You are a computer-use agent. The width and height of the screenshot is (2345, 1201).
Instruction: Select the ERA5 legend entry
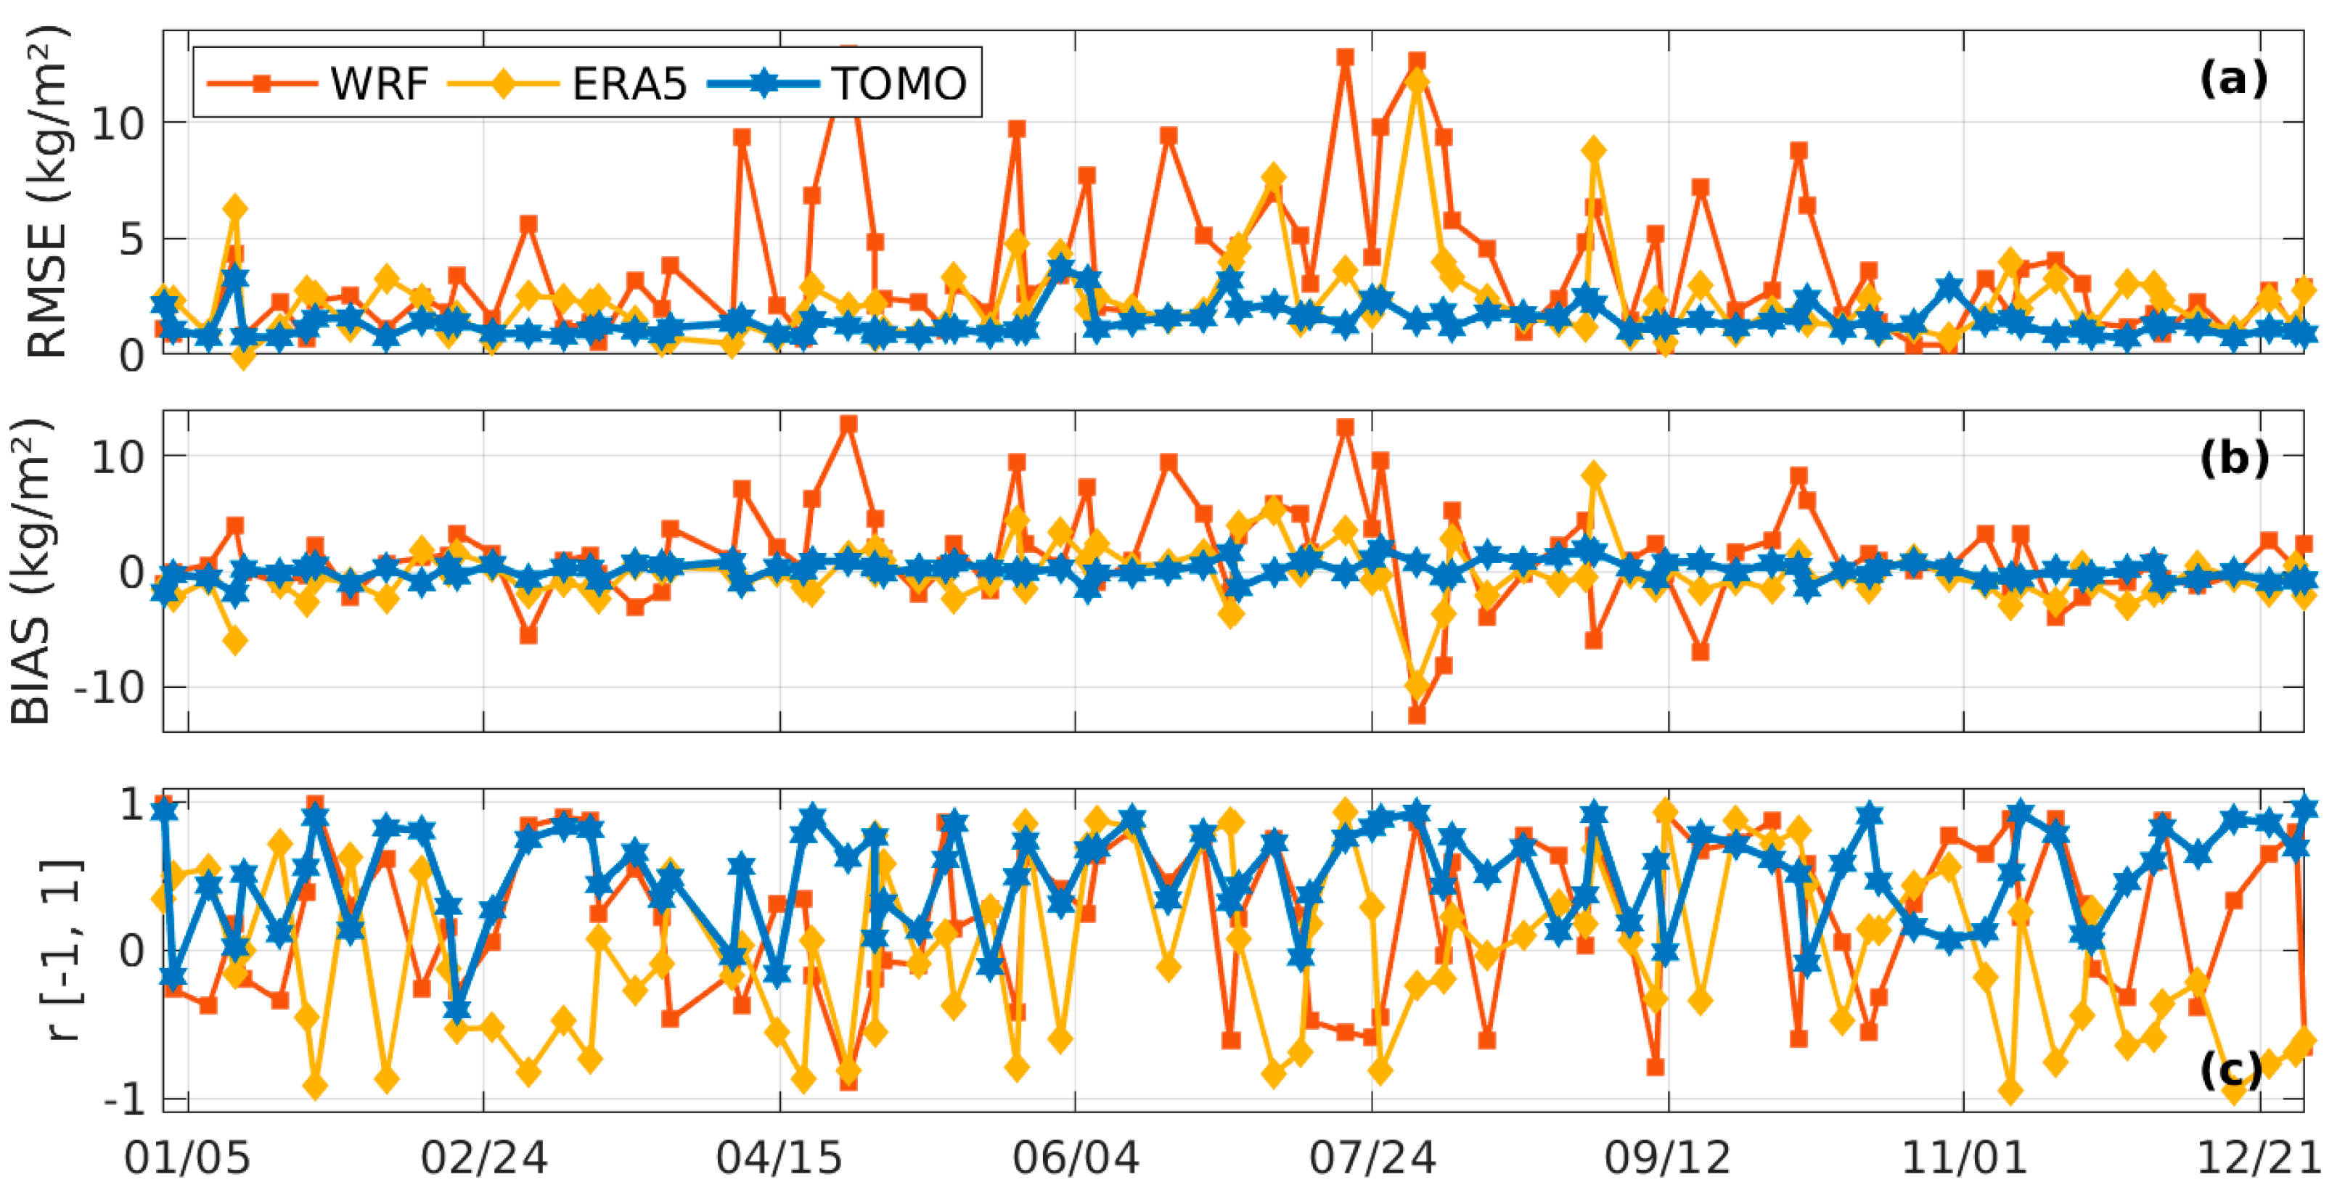(628, 83)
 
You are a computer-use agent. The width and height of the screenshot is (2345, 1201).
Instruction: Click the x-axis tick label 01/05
(187, 1158)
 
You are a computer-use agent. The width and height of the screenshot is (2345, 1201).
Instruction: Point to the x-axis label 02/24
(483, 1158)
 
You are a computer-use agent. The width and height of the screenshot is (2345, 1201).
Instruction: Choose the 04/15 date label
(779, 1158)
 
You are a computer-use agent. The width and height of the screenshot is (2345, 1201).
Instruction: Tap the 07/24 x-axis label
(1372, 1158)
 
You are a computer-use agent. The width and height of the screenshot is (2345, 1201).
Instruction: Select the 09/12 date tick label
(1668, 1158)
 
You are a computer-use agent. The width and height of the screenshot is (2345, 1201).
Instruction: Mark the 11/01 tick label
(1963, 1158)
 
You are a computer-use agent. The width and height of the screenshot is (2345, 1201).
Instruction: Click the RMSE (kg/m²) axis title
(46, 191)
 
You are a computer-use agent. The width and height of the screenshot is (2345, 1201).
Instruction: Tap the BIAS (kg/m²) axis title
(31, 571)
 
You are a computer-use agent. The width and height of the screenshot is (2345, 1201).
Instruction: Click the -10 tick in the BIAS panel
(110, 687)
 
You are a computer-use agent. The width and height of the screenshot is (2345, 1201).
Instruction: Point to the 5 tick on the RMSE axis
(130, 239)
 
